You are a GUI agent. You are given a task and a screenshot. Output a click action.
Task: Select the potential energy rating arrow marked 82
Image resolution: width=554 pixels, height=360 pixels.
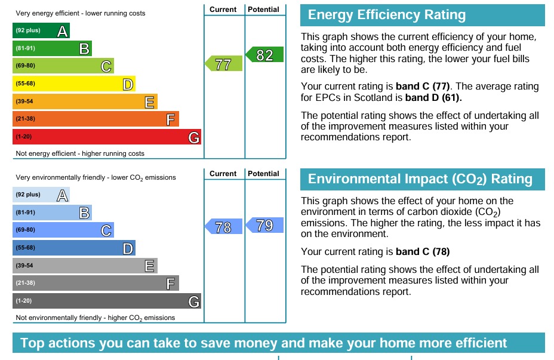point(264,56)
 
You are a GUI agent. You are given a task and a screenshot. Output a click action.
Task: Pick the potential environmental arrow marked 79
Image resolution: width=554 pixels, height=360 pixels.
point(264,225)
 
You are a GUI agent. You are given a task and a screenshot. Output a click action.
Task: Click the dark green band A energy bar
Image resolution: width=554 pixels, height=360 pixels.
point(41,30)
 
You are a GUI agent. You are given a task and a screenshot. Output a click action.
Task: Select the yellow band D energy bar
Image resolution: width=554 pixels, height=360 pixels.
point(73,84)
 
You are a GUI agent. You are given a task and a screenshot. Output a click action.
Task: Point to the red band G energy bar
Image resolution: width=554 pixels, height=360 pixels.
point(106,137)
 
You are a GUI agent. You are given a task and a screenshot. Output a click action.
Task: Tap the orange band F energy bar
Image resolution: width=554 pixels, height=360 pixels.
point(96,119)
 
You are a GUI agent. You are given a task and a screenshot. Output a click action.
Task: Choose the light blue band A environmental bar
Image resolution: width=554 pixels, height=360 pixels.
point(41,195)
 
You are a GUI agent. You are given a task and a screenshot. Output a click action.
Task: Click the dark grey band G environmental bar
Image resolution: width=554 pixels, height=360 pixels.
point(106,301)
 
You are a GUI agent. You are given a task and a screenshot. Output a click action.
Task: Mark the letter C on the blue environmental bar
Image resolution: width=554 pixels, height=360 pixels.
point(106,230)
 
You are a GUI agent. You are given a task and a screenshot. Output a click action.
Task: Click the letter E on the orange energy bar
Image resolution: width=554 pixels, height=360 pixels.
point(150,102)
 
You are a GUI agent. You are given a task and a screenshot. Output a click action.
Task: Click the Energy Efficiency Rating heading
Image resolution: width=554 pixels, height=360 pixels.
point(386,16)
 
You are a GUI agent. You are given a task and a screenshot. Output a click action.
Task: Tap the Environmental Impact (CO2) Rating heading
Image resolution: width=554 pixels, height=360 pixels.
point(420,179)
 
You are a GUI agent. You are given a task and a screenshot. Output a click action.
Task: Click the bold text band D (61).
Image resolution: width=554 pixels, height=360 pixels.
point(433,97)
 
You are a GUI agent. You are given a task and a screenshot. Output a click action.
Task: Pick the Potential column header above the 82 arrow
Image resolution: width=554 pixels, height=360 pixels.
point(263,10)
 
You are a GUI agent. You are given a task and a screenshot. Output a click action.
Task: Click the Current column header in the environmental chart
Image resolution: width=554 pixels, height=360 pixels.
point(223,174)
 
